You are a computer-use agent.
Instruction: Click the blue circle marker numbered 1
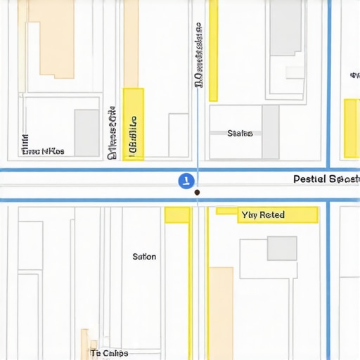point(185,181)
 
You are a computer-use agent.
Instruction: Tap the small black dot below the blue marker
point(197,192)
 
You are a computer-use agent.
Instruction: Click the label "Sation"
point(144,257)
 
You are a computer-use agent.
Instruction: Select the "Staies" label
point(240,133)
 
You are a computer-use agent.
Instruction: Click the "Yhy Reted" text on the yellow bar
point(263,214)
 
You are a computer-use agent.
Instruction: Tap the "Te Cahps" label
point(109,353)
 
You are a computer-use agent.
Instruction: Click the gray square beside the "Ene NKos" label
point(87,133)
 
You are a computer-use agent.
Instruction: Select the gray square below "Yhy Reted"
point(282,248)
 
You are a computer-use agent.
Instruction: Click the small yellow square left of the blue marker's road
point(177,215)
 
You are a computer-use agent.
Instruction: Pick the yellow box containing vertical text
point(134,124)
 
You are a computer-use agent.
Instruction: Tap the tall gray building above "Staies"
point(286,28)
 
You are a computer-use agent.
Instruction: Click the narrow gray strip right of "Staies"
point(271,132)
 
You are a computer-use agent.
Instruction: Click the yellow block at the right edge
point(350,128)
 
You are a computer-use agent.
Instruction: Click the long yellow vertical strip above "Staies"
point(213,51)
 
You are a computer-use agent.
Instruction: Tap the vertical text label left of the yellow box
point(112,134)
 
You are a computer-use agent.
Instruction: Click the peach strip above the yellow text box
point(131,44)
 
